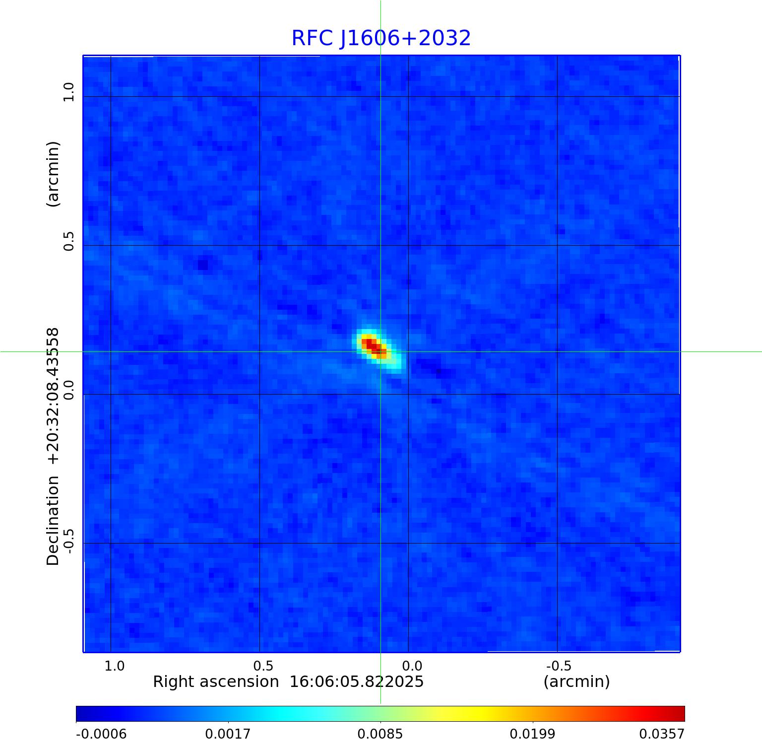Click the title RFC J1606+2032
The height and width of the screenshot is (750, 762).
pyautogui.click(x=381, y=38)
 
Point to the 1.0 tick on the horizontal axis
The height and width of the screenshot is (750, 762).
pyautogui.click(x=115, y=666)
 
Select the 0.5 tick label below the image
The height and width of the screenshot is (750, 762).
pyautogui.click(x=263, y=666)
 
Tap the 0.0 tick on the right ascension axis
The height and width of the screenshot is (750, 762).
pyautogui.click(x=412, y=666)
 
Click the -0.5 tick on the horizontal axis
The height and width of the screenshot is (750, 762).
pyautogui.click(x=559, y=666)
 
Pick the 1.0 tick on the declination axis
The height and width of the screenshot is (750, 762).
pyautogui.click(x=68, y=92)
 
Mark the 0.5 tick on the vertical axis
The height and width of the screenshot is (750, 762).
pyautogui.click(x=68, y=241)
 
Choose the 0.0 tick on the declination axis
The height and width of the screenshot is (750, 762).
pyautogui.click(x=68, y=390)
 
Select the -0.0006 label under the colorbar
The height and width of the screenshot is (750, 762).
pyautogui.click(x=101, y=734)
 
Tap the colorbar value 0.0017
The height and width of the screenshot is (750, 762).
pyautogui.click(x=228, y=734)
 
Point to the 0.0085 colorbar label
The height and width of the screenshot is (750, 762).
pyautogui.click(x=381, y=734)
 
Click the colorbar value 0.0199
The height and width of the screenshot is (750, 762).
pyautogui.click(x=533, y=734)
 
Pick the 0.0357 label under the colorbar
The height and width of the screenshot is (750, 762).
pyautogui.click(x=661, y=734)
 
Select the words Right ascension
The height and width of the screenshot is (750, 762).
pyautogui.click(x=216, y=682)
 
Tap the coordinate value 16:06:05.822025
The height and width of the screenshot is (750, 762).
pyautogui.click(x=356, y=682)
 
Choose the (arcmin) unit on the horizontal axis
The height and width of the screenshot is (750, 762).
pyautogui.click(x=576, y=682)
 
